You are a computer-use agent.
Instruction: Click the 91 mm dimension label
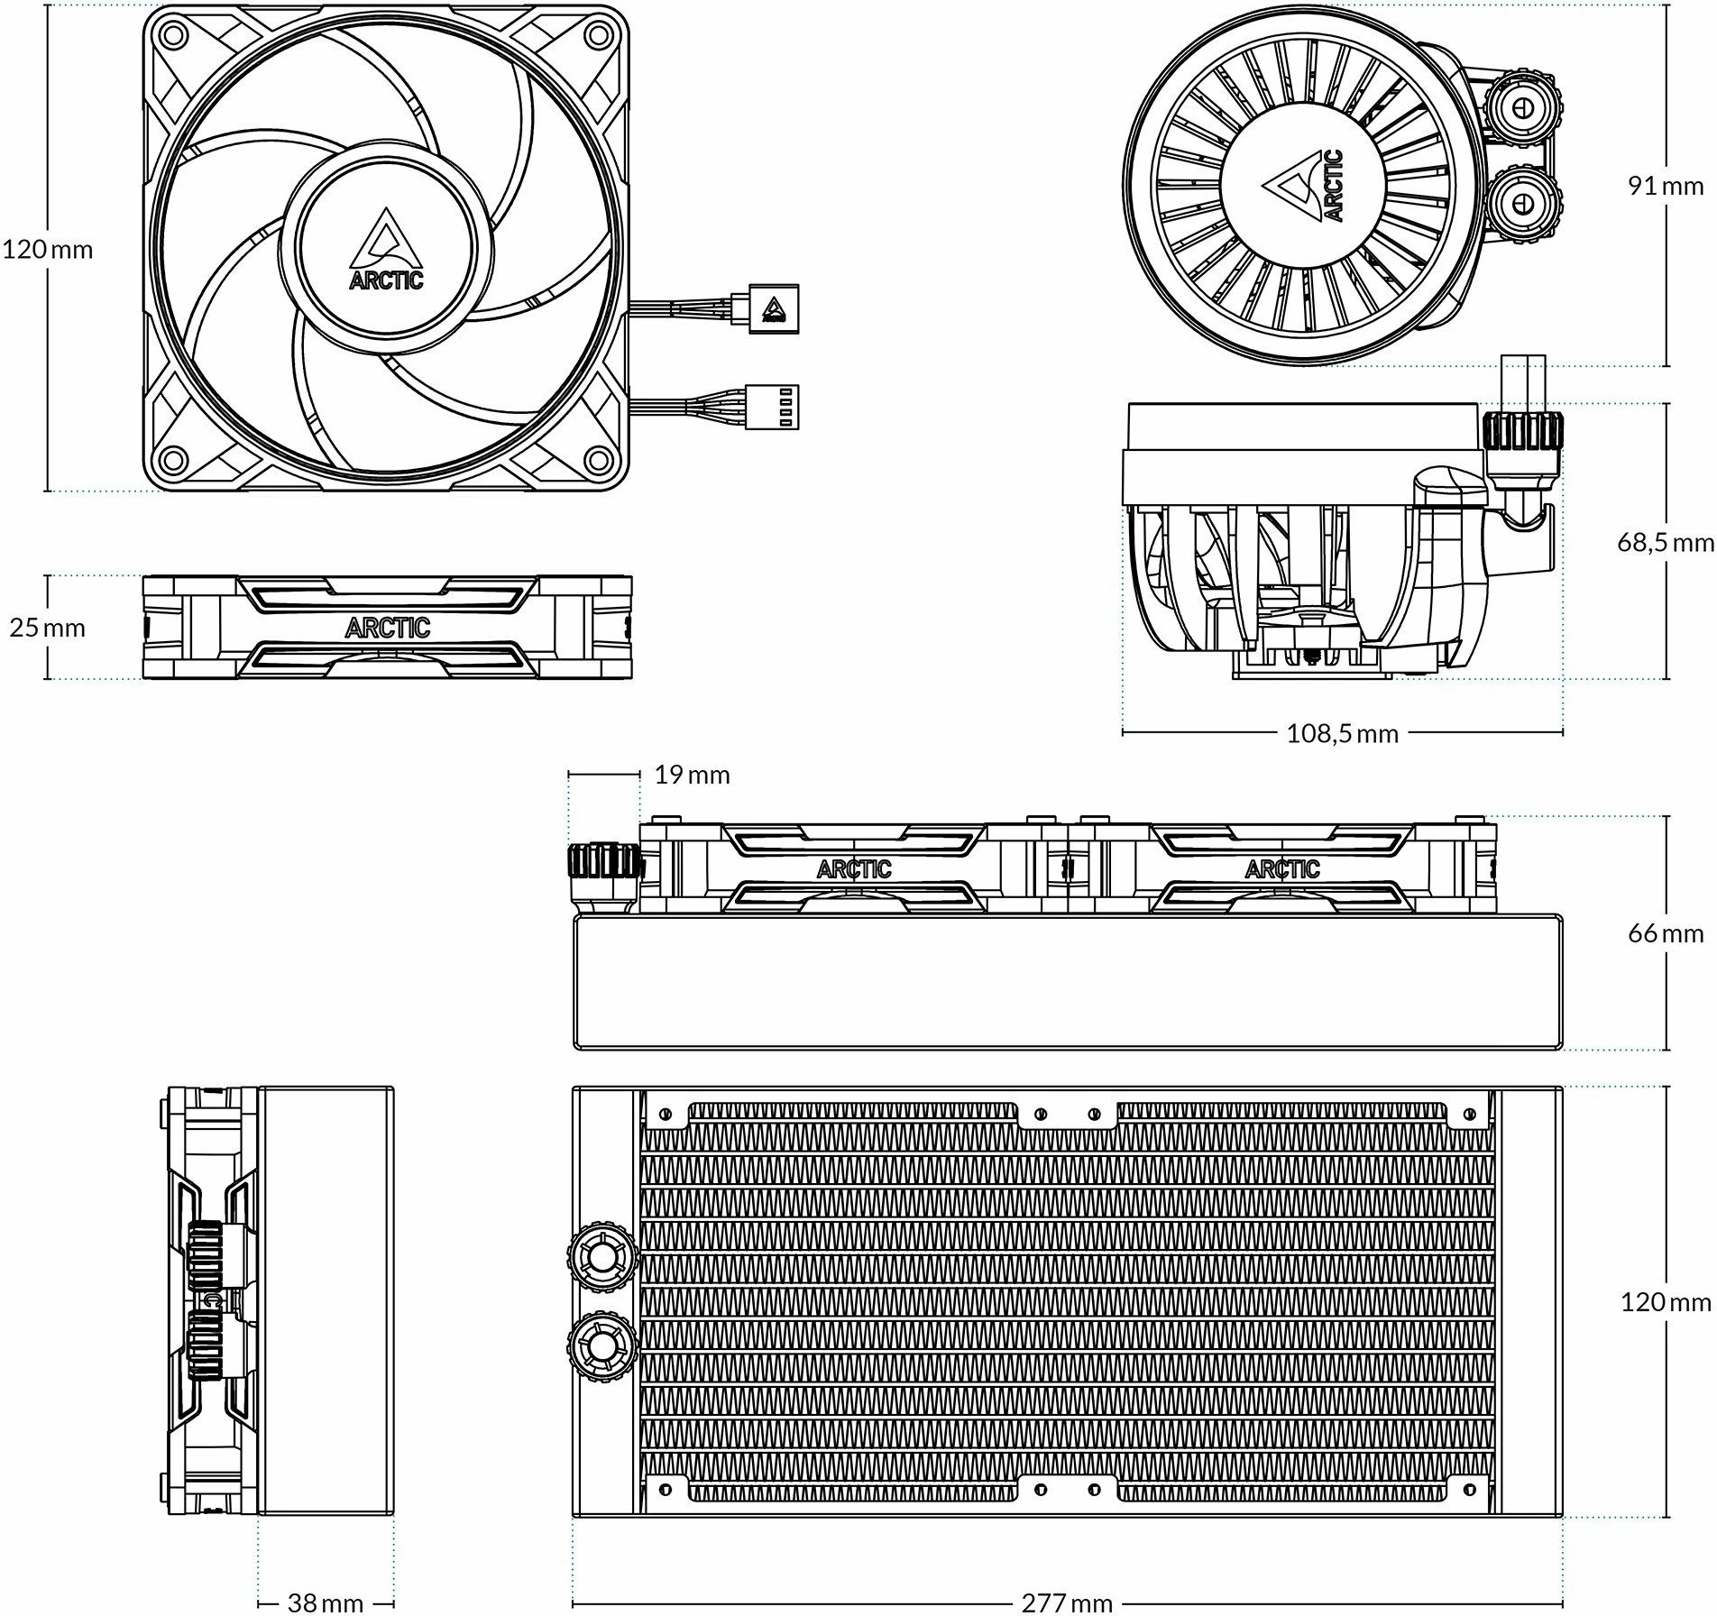pyautogui.click(x=1665, y=186)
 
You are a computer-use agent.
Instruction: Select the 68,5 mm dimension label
pyautogui.click(x=1665, y=542)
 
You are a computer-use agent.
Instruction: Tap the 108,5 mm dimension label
pyautogui.click(x=1342, y=733)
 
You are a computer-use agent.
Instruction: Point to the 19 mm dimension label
pyautogui.click(x=692, y=775)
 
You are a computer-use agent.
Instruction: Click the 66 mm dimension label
pyautogui.click(x=1665, y=933)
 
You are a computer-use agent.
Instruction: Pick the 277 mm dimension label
pyautogui.click(x=1067, y=1602)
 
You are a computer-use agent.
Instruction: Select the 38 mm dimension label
pyautogui.click(x=325, y=1602)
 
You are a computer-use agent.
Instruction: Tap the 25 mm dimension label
pyautogui.click(x=47, y=628)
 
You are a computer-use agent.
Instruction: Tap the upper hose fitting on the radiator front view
pyautogui.click(x=601, y=1255)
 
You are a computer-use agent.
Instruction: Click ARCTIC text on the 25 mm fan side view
pyautogui.click(x=387, y=628)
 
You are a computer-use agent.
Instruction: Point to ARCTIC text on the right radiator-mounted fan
pyautogui.click(x=1281, y=869)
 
